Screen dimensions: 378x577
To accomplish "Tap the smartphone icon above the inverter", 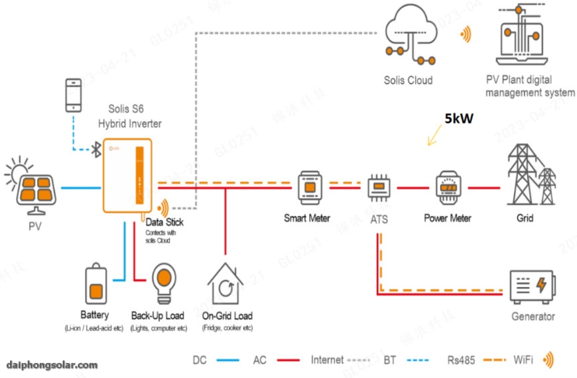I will coord(73,95).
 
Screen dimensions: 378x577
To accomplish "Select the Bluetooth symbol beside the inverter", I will coord(95,149).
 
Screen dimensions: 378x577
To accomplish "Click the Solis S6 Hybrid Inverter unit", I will coord(127,175).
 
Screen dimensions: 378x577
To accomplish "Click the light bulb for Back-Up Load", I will coord(164,282).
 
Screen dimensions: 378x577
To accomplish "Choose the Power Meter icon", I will coord(448,188).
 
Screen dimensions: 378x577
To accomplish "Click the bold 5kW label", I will coord(459,119).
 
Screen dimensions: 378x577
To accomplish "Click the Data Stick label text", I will coord(165,222).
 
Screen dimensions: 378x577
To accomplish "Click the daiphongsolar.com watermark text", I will coord(52,365).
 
